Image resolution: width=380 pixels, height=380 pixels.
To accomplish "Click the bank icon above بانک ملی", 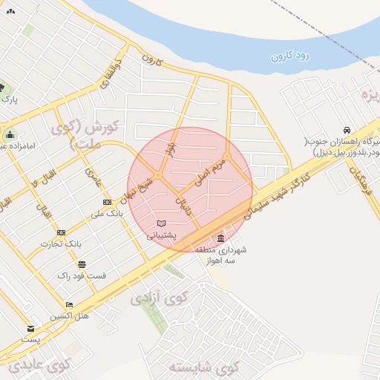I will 107,202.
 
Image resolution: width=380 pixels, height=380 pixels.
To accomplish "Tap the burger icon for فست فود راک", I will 81,264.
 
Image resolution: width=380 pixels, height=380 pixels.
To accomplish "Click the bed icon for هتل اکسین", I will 70,304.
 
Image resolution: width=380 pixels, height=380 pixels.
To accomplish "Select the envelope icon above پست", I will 30,328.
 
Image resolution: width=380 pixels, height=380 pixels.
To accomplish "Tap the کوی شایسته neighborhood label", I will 203,367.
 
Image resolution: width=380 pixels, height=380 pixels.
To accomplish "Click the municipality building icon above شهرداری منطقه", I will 220,238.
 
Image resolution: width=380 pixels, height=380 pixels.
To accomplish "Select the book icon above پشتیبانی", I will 162,223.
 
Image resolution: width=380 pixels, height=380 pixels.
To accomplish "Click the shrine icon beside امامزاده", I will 10,134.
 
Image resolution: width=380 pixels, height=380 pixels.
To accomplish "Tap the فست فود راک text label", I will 82,276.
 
